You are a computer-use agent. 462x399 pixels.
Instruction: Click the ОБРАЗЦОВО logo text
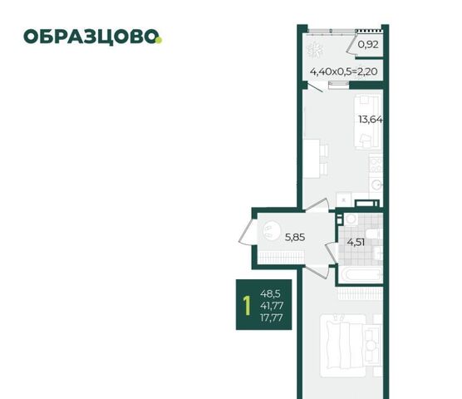pos(91,37)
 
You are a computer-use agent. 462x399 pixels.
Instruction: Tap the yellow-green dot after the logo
pos(159,41)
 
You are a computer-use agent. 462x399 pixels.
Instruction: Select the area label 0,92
pos(368,45)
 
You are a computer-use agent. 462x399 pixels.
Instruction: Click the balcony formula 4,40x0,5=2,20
pos(343,71)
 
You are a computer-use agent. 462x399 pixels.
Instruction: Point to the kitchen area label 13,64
pos(371,120)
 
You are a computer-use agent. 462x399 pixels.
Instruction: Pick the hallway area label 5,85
pos(295,237)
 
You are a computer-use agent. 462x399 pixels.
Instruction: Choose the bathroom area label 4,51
pos(356,243)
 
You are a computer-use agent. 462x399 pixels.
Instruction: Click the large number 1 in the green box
pos(247,305)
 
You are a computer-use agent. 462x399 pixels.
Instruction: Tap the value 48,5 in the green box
pos(270,293)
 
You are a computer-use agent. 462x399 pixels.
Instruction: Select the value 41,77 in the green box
pos(272,306)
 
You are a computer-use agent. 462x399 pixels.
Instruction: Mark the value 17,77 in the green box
pos(272,318)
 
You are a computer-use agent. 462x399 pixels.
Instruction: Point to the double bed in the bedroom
pos(346,345)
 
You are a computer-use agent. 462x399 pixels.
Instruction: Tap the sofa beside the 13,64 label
pos(368,121)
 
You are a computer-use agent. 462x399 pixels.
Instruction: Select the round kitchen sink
pos(377,185)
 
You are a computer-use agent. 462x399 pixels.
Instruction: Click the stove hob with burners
pos(376,164)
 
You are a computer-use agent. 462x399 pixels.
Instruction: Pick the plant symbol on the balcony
pos(314,49)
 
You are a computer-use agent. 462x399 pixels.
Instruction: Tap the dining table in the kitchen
pos(311,159)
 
